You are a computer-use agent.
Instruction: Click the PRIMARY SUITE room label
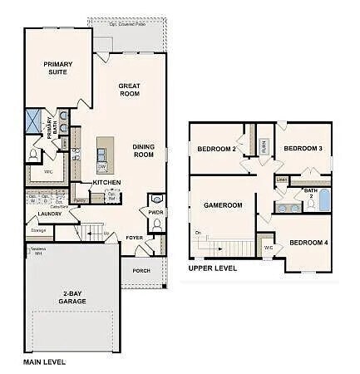58,68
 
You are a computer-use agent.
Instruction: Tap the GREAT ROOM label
129,90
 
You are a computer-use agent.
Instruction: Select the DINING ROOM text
143,150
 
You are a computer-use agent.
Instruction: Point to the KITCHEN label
106,182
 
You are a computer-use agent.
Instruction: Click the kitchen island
104,152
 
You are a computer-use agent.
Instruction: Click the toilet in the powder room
156,199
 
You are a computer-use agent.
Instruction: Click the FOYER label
135,238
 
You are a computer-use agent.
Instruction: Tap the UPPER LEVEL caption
213,268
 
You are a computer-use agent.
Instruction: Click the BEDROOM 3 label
303,149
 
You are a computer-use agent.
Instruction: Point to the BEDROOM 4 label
308,243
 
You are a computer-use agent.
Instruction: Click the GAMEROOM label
223,204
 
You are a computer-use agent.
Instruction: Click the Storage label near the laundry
38,230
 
